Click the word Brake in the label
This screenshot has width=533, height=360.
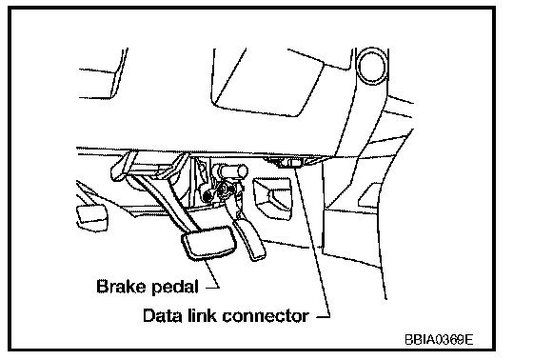[121, 286]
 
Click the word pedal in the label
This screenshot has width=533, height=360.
[175, 288]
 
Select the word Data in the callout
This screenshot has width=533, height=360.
[163, 315]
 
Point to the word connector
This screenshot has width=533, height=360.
[266, 316]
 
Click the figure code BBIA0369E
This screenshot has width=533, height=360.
[439, 339]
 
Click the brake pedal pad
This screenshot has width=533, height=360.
[209, 243]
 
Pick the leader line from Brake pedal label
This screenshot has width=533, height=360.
[210, 274]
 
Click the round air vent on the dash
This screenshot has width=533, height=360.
[372, 66]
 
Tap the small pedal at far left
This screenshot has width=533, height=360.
[92, 218]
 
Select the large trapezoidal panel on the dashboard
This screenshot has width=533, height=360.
[268, 83]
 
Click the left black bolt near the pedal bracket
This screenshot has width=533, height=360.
[207, 195]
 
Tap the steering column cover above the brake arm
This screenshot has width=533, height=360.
[149, 165]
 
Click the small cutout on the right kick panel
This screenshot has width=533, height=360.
[369, 194]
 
